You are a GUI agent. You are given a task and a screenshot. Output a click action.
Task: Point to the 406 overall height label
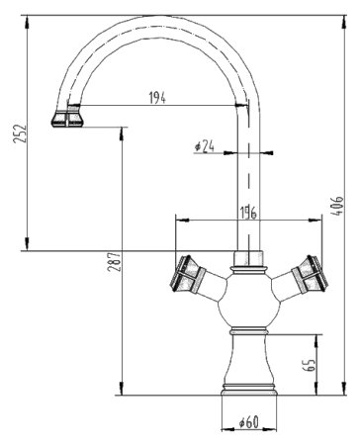(x=339, y=208)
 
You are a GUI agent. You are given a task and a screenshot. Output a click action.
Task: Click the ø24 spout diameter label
(x=206, y=145)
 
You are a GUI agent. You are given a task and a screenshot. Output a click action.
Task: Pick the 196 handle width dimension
(x=250, y=212)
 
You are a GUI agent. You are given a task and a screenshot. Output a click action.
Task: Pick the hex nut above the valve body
(x=248, y=262)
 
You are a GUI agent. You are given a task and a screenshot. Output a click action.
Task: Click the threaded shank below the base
(x=248, y=406)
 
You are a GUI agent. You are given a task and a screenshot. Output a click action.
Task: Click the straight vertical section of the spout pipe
(x=248, y=188)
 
